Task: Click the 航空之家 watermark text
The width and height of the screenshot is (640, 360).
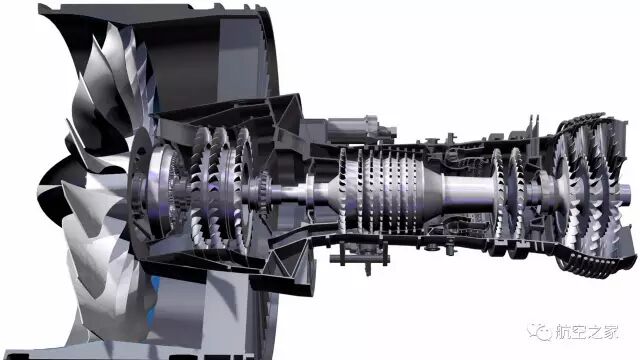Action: tap(587, 331)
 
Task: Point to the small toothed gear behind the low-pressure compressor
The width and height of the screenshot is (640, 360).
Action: tap(264, 191)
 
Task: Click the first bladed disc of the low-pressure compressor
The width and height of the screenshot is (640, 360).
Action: tap(201, 188)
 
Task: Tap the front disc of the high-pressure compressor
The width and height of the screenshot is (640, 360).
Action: tap(342, 190)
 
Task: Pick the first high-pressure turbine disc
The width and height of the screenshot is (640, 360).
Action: tap(498, 192)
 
